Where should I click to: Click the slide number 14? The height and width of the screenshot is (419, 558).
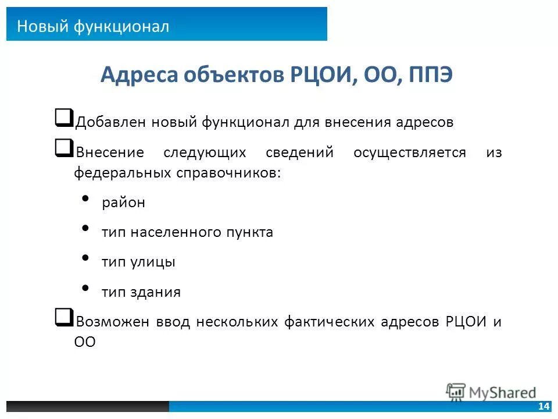tap(544, 406)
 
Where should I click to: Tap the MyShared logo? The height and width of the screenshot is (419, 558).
tap(491, 392)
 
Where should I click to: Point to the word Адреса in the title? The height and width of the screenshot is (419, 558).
tap(139, 76)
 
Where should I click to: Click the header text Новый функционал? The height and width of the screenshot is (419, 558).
tap(93, 26)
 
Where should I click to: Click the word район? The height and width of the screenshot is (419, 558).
tap(123, 203)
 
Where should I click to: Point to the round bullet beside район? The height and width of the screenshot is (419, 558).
tap(86, 200)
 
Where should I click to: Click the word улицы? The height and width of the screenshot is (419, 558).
tap(156, 262)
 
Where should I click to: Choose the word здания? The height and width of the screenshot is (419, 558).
tap(158, 293)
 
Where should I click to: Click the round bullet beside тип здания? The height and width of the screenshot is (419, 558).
tap(86, 287)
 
